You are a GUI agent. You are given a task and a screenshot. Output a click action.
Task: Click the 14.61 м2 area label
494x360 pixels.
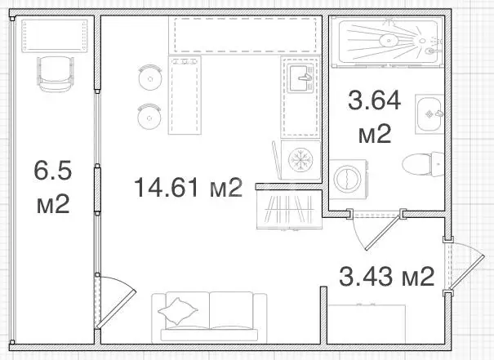[x=189, y=187]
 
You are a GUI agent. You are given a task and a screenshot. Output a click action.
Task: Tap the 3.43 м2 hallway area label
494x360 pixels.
[x=386, y=276]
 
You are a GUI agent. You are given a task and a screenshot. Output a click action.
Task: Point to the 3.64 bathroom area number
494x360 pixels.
[x=374, y=100]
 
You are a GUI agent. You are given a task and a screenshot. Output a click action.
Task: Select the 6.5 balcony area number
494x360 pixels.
[x=53, y=170]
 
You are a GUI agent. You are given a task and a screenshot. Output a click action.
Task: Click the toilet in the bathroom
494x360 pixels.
[x=423, y=164]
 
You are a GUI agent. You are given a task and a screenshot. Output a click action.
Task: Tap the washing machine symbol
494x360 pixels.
[x=348, y=179]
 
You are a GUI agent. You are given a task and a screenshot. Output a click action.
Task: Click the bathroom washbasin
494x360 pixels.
[x=429, y=114]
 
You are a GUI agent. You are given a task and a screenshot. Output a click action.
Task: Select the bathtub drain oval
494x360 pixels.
[x=389, y=40]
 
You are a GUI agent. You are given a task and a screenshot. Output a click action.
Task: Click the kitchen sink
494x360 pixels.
[x=301, y=78]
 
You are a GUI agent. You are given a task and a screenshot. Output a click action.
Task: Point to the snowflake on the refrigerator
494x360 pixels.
[x=300, y=160]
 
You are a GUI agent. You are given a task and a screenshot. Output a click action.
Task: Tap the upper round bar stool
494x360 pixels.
[x=150, y=78]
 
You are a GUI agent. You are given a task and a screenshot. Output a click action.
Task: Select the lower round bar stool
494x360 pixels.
[x=149, y=117]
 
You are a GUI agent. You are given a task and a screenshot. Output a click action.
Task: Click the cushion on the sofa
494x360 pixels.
[x=178, y=311]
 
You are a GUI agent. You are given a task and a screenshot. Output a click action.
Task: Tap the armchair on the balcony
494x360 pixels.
[x=56, y=74]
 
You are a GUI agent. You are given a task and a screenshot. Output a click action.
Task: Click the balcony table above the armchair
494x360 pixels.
[x=55, y=36]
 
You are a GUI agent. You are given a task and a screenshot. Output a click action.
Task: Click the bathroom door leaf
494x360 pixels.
[x=384, y=233]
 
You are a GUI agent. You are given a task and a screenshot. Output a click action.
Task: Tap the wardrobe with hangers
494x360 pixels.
[x=289, y=210]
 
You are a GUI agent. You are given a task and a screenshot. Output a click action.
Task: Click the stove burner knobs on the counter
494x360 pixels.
[x=185, y=62]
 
